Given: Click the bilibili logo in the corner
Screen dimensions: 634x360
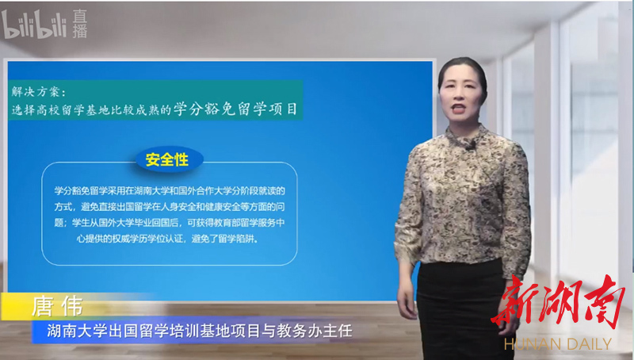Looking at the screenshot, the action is (34, 25).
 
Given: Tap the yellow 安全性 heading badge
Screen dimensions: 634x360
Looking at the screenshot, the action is (167, 159).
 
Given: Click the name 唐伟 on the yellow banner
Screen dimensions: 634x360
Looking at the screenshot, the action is (57, 306).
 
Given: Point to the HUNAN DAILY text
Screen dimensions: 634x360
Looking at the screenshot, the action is (558, 344).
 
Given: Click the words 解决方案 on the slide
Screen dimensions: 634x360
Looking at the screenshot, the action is (36, 92).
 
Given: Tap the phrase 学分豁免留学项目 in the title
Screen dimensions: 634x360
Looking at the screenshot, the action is (235, 109).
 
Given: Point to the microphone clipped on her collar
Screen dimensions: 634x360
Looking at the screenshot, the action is (469, 147).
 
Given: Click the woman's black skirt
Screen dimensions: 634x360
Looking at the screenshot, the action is (461, 312).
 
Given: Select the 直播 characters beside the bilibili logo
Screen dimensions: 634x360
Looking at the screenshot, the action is (80, 24).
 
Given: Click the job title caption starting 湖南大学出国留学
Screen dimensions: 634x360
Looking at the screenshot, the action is (200, 331).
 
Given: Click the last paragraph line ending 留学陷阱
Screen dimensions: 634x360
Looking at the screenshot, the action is (167, 239).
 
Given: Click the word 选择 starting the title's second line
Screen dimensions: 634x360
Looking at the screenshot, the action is (24, 109).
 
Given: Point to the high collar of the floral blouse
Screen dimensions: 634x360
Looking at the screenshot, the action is (466, 135).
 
